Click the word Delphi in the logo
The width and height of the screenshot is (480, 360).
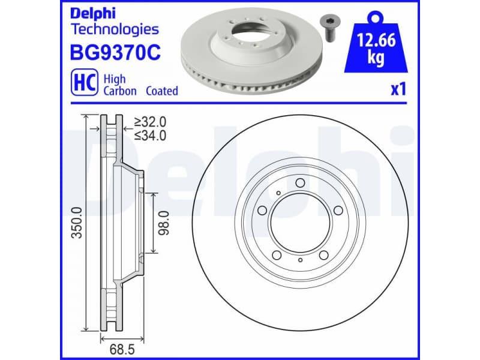tap(94, 13)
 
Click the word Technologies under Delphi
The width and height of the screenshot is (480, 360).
tap(115, 29)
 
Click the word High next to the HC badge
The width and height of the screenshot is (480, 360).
tap(114, 79)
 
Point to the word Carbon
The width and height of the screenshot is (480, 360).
tap(120, 91)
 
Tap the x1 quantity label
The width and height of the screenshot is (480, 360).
tap(398, 89)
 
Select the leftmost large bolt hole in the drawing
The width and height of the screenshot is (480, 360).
tap(263, 210)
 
